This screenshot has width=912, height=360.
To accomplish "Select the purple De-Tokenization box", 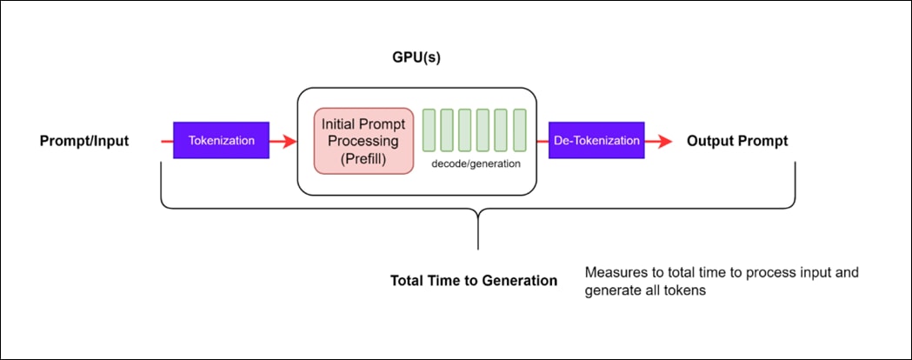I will coord(596,140).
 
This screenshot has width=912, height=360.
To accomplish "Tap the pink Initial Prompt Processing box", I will coord(363,141).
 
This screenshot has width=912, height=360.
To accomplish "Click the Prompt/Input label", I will coord(84,141).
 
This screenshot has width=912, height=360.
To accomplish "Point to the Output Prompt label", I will coord(737,141).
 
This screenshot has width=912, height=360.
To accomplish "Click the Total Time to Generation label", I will coord(474,281).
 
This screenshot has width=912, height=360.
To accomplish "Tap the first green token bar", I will coord(429,130).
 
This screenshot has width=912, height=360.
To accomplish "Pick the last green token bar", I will coord(520,130).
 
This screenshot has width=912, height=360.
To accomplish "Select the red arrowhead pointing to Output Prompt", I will coord(667,141).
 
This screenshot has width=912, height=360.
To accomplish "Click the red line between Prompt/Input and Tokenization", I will coord(167,140).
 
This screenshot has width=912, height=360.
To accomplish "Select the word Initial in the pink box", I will coord(341,123).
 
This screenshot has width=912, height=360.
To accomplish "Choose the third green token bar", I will coord(465,130).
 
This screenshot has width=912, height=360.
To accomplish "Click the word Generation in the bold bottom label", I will coord(519,281).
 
